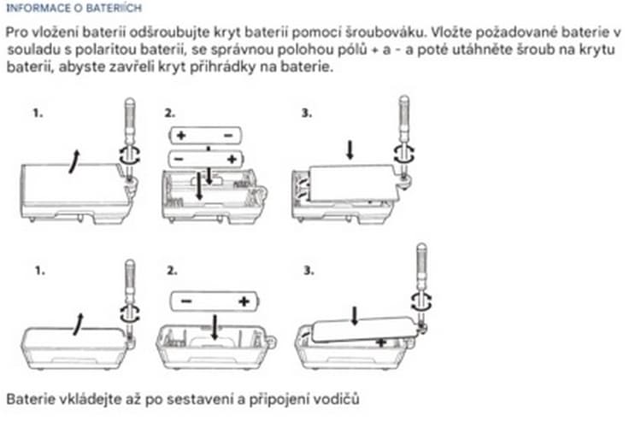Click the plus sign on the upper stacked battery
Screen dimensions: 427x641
(x=181, y=136)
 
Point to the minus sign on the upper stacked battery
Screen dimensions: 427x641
(x=227, y=136)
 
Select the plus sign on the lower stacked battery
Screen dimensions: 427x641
(x=231, y=160)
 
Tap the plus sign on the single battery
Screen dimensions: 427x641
(x=244, y=301)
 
